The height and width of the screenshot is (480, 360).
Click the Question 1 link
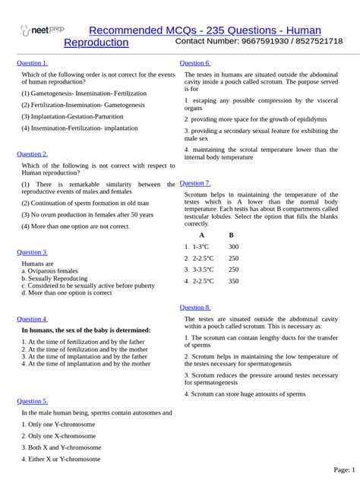point(32,63)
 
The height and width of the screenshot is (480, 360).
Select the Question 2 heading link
point(32,153)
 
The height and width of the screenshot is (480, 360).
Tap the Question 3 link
point(32,252)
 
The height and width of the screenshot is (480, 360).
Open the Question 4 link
point(32,319)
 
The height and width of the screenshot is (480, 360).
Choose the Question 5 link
point(32,401)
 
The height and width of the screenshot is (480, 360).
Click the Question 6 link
point(194,63)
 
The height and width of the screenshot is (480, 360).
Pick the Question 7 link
point(194,183)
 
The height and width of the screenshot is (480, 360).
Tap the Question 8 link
point(194,308)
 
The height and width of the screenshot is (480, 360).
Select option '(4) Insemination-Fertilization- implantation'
point(80,128)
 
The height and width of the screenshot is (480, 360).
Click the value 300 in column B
point(233,247)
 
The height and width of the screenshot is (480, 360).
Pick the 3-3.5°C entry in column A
point(201,270)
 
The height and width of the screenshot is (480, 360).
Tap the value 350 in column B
point(233,281)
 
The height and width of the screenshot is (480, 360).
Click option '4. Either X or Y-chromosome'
point(61,459)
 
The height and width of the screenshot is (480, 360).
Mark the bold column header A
point(201,235)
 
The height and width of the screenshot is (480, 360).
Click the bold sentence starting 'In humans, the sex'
point(86,330)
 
